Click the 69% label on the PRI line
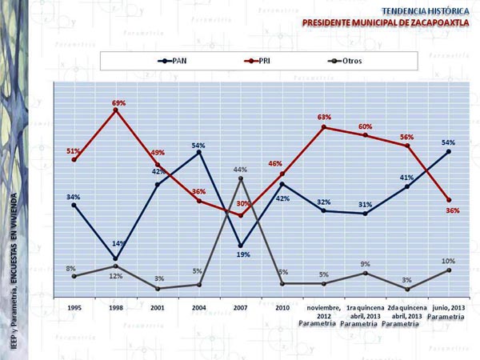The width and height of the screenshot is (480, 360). pos(118,102)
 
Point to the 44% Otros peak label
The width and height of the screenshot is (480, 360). pos(240,170)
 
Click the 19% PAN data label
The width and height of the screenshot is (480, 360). pos(242,254)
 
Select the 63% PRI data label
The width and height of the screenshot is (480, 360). pos(324,118)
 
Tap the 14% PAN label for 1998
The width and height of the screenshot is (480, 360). pos(118,243)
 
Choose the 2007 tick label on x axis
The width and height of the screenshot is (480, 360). pos(240,307)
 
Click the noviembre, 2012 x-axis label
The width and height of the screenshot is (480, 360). pos(323,311)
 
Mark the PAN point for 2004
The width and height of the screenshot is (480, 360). pos(199,152)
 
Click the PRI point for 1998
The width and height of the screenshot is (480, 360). pos(116,110)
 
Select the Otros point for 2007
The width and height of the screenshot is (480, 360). pos(241,178)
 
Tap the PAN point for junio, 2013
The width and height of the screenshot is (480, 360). pos(449,151)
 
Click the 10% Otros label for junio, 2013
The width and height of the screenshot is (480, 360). pos(449,262)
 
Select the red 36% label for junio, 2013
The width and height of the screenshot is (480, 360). pos(453,210)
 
